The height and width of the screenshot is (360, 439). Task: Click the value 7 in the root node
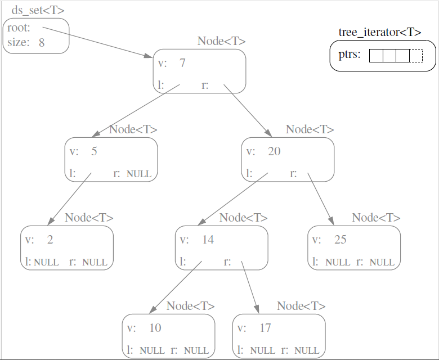[182, 62]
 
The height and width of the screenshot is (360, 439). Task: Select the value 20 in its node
[274, 151]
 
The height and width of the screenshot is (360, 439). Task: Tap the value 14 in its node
[208, 240]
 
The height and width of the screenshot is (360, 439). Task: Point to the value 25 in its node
[340, 240]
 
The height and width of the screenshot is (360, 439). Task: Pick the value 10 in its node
[155, 328]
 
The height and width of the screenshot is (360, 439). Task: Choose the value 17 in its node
[265, 328]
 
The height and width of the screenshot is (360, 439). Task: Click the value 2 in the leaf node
[50, 240]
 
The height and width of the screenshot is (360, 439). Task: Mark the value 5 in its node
[94, 151]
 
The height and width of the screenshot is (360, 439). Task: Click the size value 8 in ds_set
[42, 42]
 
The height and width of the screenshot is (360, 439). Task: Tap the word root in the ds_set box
[19, 28]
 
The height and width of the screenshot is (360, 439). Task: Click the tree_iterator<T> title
[380, 32]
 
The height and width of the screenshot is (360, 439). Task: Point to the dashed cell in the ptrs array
[416, 56]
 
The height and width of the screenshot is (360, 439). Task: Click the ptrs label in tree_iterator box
[350, 55]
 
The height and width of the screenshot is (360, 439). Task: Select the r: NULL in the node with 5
[133, 173]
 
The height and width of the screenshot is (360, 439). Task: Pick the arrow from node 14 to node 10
[175, 287]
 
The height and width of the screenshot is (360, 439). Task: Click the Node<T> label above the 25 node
[376, 218]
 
